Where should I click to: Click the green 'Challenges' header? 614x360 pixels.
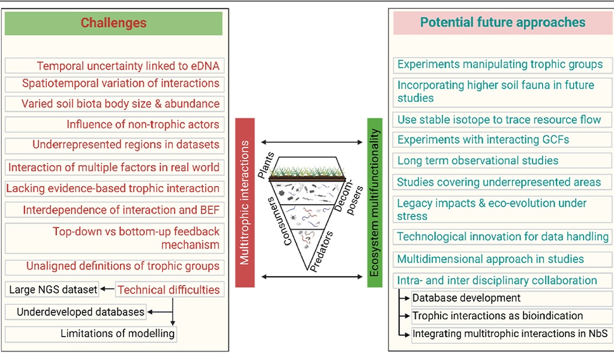tap(113, 23)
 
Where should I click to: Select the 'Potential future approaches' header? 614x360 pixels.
tap(502, 23)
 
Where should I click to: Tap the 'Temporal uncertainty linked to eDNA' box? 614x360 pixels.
tap(128, 66)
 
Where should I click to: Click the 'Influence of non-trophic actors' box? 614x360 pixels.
tap(143, 125)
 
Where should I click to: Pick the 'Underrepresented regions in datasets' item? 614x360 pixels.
tap(126, 145)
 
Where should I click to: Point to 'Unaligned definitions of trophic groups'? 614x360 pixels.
tap(122, 266)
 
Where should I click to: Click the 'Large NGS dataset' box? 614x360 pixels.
tap(53, 290)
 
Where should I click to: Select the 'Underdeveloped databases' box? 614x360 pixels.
tap(80, 312)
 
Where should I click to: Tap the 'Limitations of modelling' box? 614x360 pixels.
tap(118, 334)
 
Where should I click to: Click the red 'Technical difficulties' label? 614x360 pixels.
tap(168, 290)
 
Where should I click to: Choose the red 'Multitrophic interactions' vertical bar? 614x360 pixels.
tap(245, 203)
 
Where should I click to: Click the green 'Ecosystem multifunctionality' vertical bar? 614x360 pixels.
tap(374, 203)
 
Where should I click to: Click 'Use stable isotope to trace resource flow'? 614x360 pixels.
tap(499, 119)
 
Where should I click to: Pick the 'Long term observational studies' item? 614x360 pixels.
tap(478, 160)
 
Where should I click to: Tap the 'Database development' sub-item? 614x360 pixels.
tap(466, 298)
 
